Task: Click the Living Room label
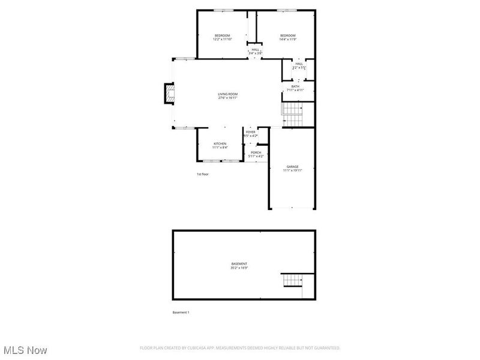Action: (227, 94)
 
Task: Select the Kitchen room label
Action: (220, 144)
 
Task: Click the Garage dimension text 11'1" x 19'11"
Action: (292, 170)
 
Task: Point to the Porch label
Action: (256, 152)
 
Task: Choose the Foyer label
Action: (250, 132)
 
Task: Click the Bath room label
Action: (295, 86)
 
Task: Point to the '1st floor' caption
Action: (203, 174)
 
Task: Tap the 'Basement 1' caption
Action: (181, 312)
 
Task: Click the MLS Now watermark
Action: (25, 349)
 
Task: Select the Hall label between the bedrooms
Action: (256, 50)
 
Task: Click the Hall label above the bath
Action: (299, 64)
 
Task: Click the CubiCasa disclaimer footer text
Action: (240, 347)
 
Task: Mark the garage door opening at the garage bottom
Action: (292, 209)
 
